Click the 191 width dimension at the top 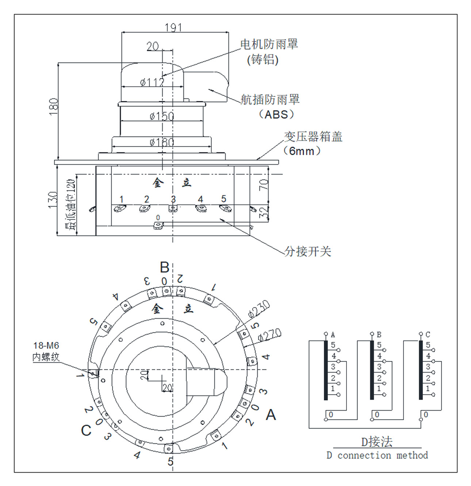[173, 27]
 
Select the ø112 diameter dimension [152, 82]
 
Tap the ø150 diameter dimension [162, 116]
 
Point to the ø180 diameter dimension [162, 142]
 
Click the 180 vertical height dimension [54, 106]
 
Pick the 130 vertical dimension [53, 200]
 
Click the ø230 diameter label [259, 309]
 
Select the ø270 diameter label [269, 334]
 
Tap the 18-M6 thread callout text [46, 346]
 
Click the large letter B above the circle [165, 267]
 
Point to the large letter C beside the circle [86, 430]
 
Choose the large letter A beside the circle [271, 415]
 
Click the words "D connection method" [377, 455]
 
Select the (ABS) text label [276, 114]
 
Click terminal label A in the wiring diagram [333, 335]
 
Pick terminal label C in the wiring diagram [428, 335]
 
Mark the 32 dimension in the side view [264, 212]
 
